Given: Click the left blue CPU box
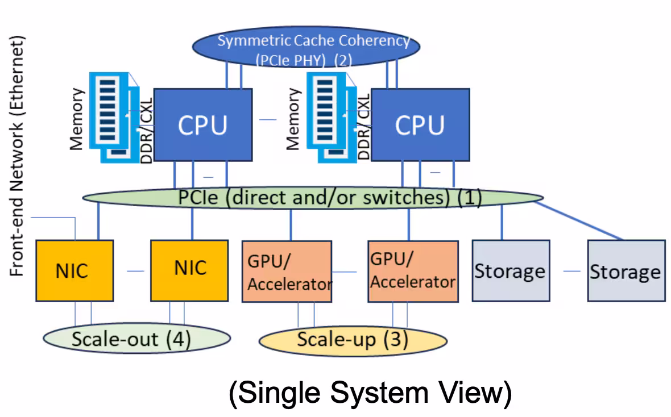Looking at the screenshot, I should click(203, 124).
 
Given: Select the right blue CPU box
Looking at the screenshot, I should click(420, 124).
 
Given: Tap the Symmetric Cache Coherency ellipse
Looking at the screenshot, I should click(305, 49).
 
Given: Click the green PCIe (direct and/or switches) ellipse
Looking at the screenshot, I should click(313, 198).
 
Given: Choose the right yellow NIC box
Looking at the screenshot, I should click(189, 270).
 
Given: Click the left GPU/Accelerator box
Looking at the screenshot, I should click(287, 271).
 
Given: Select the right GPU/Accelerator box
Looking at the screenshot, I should click(413, 271).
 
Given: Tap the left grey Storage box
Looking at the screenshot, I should click(511, 270).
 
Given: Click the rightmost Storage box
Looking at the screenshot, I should click(626, 270).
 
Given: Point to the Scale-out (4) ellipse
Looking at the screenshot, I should click(136, 339).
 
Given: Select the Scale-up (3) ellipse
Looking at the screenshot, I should click(353, 340).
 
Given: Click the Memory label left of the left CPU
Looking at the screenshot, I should click(77, 119).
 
